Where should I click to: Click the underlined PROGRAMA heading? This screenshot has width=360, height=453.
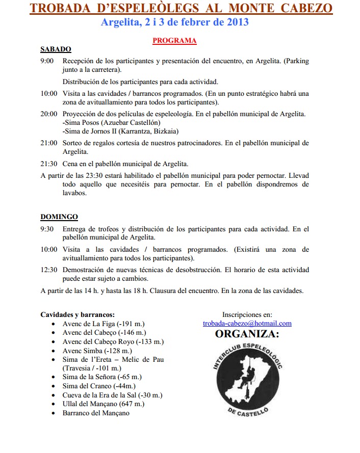pyautogui.click(x=174, y=40)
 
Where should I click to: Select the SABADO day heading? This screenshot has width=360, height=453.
pyautogui.click(x=56, y=49)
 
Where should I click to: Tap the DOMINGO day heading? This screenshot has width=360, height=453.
pyautogui.click(x=59, y=217)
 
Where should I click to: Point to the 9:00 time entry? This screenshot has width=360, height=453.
pyautogui.click(x=47, y=61)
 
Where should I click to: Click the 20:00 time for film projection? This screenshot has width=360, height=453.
pyautogui.click(x=49, y=114)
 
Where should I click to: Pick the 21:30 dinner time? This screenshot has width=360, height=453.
pyautogui.click(x=49, y=164)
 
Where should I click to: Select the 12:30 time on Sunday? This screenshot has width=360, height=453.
pyautogui.click(x=49, y=270)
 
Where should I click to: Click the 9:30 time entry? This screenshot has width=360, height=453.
pyautogui.click(x=47, y=229)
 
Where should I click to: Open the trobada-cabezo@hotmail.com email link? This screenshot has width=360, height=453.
pyautogui.click(x=247, y=323)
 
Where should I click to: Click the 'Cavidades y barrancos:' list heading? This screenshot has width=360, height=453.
pyautogui.click(x=78, y=314)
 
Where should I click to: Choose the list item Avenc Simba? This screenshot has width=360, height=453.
pyautogui.click(x=97, y=351)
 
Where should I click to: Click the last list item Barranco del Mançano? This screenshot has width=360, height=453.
pyautogui.click(x=96, y=413)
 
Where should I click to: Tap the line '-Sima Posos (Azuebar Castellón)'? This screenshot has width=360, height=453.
pyautogui.click(x=111, y=123)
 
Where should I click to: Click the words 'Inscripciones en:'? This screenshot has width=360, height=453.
pyautogui.click(x=247, y=314)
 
